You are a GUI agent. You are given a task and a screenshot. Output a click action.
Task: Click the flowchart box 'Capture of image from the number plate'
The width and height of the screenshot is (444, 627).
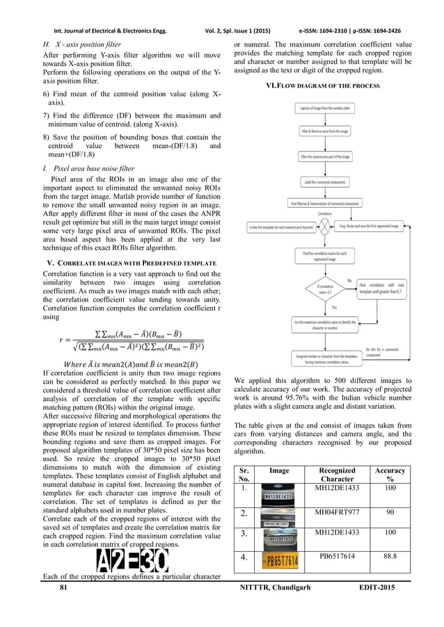click(324, 108)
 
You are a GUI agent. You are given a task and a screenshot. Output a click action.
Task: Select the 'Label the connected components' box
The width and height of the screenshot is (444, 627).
click(324, 181)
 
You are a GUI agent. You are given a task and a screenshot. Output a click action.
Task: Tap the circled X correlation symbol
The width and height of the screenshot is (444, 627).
click(324, 226)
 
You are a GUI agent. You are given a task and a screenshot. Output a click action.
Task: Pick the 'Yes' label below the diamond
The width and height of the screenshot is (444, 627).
click(325, 307)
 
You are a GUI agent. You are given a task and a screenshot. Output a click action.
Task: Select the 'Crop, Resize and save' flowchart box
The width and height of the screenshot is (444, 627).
click(369, 226)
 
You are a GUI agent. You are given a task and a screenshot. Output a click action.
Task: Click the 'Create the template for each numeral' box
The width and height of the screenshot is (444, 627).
click(281, 227)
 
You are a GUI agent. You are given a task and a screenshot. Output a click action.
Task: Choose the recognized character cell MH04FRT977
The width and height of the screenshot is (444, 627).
click(336, 513)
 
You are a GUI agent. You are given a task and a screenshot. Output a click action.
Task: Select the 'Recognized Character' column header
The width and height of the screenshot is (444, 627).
click(336, 474)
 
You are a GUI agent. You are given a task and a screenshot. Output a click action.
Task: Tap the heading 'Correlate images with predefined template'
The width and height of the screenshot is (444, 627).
click(131, 262)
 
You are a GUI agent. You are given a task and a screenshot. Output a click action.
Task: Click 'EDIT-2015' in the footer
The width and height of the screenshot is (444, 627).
click(376, 588)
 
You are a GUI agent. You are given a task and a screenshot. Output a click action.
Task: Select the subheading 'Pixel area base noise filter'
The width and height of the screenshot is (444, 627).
click(88, 168)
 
